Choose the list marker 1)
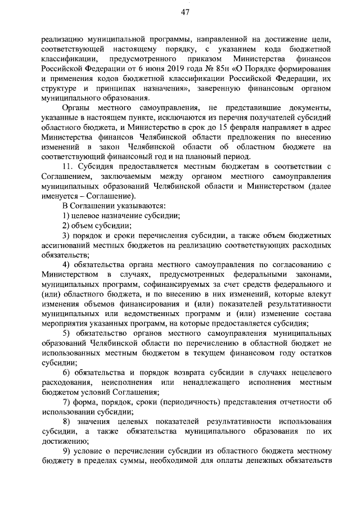point(66,215)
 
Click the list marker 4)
point(66,264)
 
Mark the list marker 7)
point(66,402)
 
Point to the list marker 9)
point(66,451)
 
